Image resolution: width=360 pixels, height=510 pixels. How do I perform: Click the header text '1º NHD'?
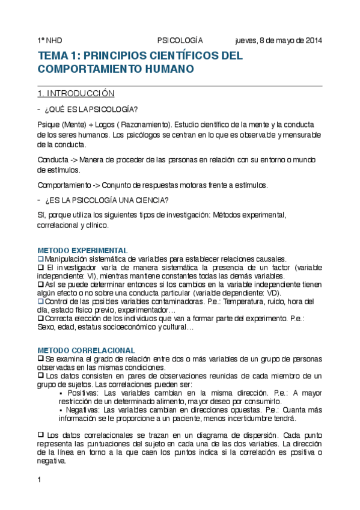coord(50,40)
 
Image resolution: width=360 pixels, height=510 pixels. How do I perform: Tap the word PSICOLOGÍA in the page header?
coord(180,40)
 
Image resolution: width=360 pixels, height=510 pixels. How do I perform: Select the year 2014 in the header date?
coord(313,40)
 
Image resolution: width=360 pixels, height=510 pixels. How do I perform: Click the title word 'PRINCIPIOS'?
coord(116,56)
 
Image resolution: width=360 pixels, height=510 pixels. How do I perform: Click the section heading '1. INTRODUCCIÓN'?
coord(76,94)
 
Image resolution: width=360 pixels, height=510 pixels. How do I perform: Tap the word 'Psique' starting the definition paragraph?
coord(48,124)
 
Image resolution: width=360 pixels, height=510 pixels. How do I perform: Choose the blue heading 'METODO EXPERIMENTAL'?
coord(82,250)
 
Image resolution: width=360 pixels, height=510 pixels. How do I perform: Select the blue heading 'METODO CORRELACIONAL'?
coord(86,350)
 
